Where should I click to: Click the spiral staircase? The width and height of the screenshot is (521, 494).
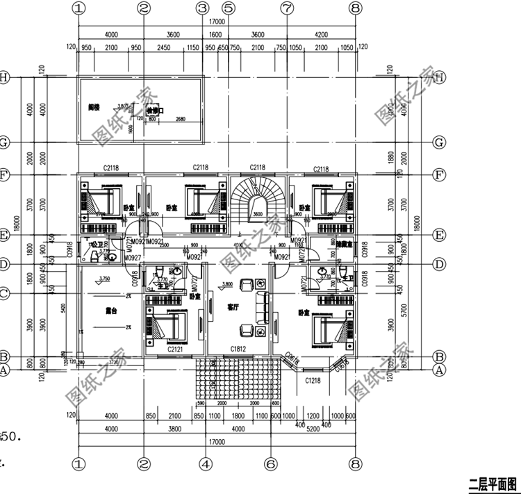258,197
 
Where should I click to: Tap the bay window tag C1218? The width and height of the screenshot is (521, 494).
313,381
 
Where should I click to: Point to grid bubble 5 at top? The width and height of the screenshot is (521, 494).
227,8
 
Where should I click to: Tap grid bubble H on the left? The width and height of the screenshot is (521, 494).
5,77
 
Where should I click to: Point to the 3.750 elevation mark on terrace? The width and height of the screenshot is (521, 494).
105,279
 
